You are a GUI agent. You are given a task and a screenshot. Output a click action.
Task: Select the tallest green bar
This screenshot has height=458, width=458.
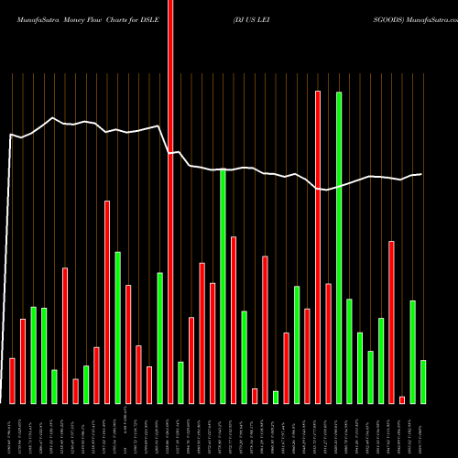(x=339, y=247)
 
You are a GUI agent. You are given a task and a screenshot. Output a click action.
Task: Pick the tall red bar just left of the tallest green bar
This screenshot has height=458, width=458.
(x=318, y=247)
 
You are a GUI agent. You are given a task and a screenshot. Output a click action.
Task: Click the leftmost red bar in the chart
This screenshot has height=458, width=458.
(x=12, y=380)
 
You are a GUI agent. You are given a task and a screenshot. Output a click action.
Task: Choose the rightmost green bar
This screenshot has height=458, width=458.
(x=423, y=382)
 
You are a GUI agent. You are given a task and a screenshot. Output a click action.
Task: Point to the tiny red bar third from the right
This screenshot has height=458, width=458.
(x=402, y=399)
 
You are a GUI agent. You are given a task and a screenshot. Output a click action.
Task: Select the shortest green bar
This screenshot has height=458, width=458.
(x=276, y=397)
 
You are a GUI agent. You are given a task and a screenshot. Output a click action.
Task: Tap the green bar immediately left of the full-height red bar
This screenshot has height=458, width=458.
(x=159, y=338)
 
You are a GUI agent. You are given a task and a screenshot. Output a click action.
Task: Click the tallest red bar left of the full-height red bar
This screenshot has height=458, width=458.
(x=107, y=302)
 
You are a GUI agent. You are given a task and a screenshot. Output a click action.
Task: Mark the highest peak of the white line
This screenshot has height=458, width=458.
(x=54, y=118)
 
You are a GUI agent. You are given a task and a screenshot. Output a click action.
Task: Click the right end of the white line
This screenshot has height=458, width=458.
(x=421, y=174)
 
